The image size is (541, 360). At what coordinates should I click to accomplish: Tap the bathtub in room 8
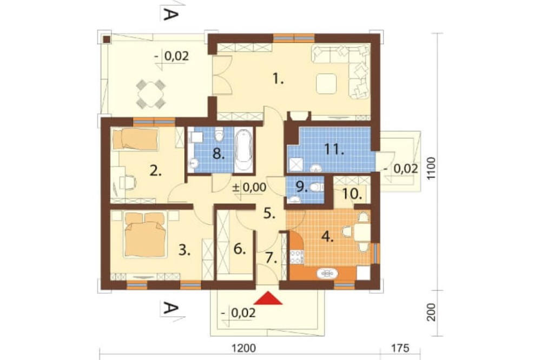click(x=244, y=150)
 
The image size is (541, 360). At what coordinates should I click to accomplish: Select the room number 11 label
click(x=334, y=150)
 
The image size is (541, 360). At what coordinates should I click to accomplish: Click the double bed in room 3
click(x=144, y=234)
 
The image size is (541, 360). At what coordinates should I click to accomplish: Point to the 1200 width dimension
click(x=244, y=348)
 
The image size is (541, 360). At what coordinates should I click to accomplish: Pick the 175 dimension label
click(x=400, y=348)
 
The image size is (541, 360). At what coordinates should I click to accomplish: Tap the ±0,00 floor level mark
click(x=249, y=188)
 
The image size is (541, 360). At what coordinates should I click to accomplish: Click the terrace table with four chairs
click(x=151, y=93)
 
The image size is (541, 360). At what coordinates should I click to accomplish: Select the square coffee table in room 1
click(x=326, y=83)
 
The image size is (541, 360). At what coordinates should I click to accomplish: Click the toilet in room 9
click(x=316, y=187)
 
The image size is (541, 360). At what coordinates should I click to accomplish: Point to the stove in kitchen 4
click(x=296, y=257)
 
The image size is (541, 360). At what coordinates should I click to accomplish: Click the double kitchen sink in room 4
click(x=327, y=274)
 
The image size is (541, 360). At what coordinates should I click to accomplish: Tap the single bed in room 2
click(x=136, y=139)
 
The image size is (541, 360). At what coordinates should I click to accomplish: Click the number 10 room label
click(x=353, y=194)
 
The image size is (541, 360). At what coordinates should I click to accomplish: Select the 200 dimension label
click(x=431, y=312)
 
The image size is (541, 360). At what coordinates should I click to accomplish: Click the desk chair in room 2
click(x=128, y=182)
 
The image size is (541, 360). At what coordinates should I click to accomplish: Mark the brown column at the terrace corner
click(x=107, y=38)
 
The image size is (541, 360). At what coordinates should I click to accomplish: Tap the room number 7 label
click(x=272, y=258)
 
